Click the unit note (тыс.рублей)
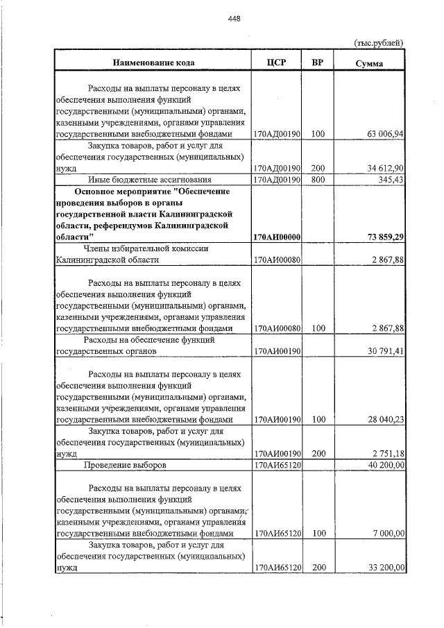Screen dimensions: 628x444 coord(379,43)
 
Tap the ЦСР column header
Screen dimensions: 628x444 coord(276,63)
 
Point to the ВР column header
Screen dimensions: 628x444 coord(318,63)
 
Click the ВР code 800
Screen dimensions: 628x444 coord(318,180)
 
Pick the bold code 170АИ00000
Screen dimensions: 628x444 coord(277,237)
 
